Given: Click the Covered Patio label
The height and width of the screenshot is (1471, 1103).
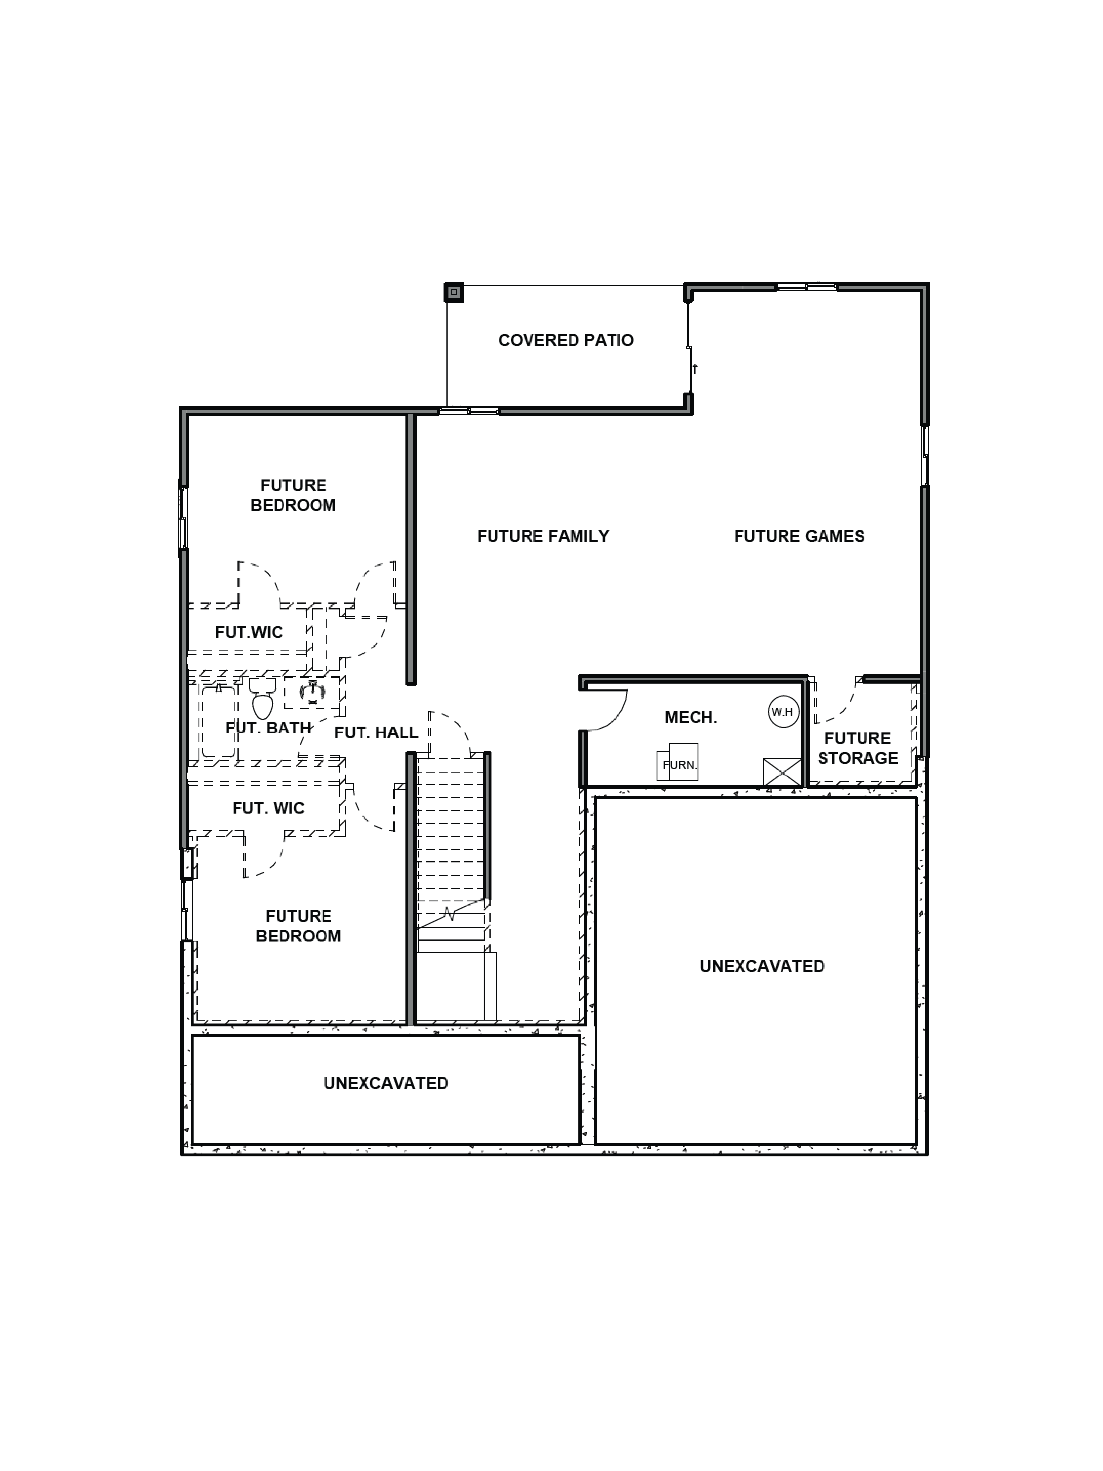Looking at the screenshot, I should pos(566,340).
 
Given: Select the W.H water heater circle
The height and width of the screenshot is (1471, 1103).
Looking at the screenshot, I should pos(782,712).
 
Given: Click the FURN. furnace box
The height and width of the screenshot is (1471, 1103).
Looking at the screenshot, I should pos(678,763).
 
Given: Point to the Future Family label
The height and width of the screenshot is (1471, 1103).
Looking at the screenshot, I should pos(543,536).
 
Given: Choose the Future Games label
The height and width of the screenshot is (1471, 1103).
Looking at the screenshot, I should pos(798,536).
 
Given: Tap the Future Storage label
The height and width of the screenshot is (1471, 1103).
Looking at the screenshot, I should pos(857,748).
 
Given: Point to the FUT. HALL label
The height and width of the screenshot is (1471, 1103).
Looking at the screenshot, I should pos(376,732).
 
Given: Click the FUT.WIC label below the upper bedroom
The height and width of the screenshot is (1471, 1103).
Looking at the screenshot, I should pos(249,632).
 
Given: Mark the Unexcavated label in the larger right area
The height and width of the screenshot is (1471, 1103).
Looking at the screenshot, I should pos(762,966).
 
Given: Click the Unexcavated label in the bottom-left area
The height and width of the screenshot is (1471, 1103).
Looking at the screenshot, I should pos(386,1083).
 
